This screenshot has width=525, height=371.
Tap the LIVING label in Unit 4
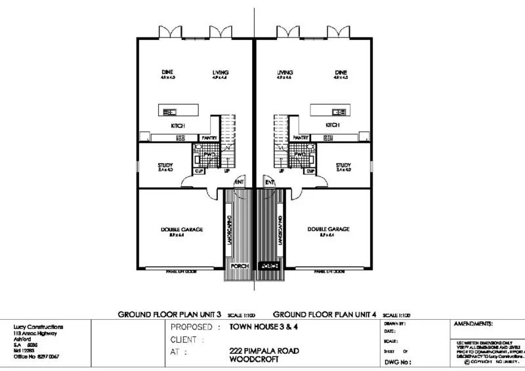[284, 72]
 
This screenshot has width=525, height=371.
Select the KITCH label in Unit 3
[178, 126]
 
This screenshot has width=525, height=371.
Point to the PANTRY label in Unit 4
[301, 138]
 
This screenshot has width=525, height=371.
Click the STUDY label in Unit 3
[165, 165]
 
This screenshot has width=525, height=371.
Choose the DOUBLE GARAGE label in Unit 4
[328, 229]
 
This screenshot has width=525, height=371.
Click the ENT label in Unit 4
[269, 182]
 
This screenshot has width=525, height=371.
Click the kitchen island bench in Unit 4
[328, 110]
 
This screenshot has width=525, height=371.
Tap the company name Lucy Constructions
[38, 326]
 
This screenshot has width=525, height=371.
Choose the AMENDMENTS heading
[473, 324]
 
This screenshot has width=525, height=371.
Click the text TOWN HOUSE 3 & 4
[259, 326]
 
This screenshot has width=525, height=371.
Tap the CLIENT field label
[188, 340]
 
